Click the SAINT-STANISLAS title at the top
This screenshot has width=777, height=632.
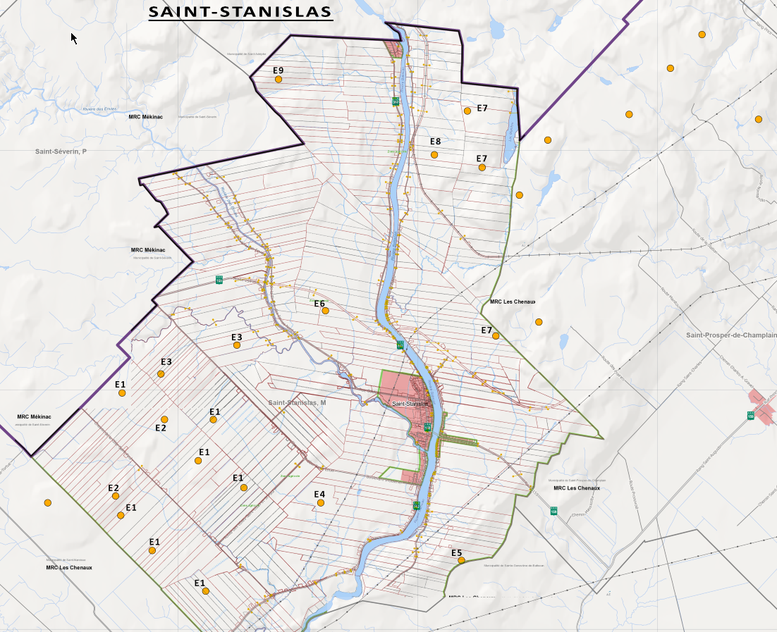coord(240,12)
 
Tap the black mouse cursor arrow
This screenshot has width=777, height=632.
coord(73,37)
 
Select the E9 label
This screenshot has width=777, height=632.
coord(278,70)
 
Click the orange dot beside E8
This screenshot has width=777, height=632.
coord(434,154)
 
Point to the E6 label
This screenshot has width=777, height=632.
coord(319,304)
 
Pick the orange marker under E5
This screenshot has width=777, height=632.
coord(461,561)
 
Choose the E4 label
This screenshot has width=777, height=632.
coord(319,494)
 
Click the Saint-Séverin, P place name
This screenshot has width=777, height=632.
coord(61,151)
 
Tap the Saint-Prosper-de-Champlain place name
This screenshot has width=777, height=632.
coord(731,335)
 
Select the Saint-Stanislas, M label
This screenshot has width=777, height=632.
coord(297,402)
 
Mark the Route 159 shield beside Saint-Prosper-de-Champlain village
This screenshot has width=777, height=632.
coord(751,415)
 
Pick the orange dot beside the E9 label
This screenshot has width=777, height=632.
coord(279,80)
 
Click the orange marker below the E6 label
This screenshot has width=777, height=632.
coord(325,310)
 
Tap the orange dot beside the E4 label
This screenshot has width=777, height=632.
coord(321,503)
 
